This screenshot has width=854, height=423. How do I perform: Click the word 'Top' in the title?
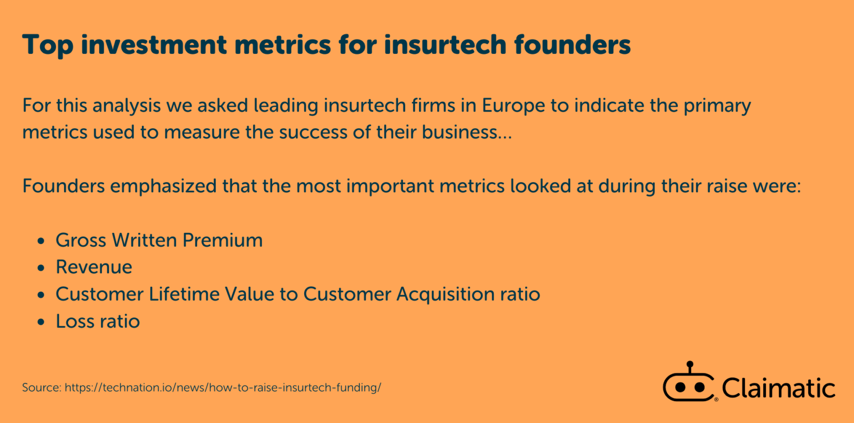pyautogui.click(x=48, y=45)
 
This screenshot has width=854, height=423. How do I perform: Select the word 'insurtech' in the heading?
pyautogui.click(x=445, y=45)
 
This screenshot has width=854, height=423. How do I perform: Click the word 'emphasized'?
pyautogui.click(x=163, y=186)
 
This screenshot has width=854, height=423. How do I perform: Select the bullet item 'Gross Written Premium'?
pyautogui.click(x=159, y=240)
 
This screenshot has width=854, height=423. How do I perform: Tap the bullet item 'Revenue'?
pyautogui.click(x=94, y=267)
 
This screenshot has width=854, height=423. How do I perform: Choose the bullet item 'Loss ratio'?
pyautogui.click(x=98, y=322)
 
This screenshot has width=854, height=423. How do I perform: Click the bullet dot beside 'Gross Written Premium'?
pyautogui.click(x=41, y=241)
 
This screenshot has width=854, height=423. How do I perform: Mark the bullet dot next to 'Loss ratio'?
pyautogui.click(x=41, y=323)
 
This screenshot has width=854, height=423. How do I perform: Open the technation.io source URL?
pyautogui.click(x=223, y=388)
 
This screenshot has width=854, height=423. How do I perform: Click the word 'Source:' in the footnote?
pyautogui.click(x=42, y=388)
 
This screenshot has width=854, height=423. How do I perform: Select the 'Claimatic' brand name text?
pyautogui.click(x=778, y=388)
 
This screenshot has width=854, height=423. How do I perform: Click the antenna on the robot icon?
pyautogui.click(x=690, y=367)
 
